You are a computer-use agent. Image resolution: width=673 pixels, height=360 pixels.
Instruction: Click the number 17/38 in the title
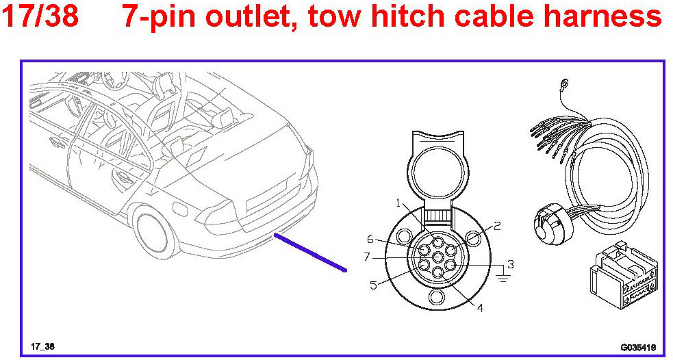(x=40, y=16)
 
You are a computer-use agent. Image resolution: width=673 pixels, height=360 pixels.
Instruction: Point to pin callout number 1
(x=398, y=203)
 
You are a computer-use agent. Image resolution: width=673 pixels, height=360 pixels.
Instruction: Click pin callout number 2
(x=498, y=224)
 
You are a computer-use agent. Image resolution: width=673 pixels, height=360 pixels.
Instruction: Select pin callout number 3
(x=510, y=263)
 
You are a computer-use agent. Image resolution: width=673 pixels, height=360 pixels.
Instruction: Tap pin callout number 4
(x=480, y=307)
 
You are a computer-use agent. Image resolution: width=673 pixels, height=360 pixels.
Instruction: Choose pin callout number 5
(x=374, y=285)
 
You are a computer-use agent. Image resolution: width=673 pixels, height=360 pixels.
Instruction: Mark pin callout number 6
(x=370, y=239)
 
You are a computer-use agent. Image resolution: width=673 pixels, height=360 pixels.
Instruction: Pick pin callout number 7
(x=368, y=257)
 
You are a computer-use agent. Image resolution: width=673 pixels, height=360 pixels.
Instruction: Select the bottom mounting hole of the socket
(x=437, y=299)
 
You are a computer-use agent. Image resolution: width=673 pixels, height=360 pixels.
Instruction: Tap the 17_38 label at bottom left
(x=42, y=347)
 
